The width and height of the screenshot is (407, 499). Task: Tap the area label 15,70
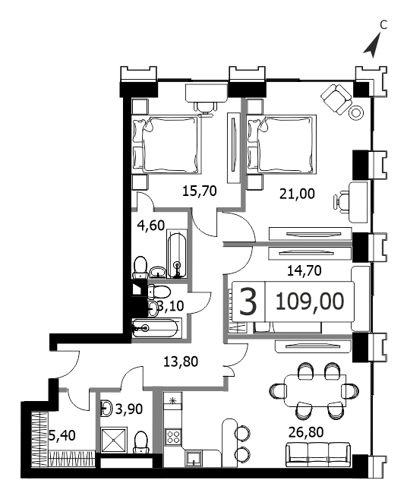(x=200, y=191)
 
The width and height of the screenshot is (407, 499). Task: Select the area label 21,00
(x=297, y=194)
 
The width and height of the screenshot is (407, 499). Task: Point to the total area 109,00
(x=310, y=301)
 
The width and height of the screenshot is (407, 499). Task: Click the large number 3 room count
(x=248, y=302)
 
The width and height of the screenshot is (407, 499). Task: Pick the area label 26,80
(x=306, y=432)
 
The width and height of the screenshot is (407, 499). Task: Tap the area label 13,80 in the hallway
(x=181, y=362)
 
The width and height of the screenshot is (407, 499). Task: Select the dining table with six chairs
(x=314, y=390)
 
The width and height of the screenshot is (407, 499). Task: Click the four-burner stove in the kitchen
(x=173, y=436)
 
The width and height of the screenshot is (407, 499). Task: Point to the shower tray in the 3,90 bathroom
(x=114, y=441)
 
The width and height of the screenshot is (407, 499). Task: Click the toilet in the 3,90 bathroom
(x=140, y=443)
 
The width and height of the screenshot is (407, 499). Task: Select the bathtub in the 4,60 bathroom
(x=177, y=255)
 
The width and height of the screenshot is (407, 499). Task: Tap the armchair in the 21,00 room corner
(x=336, y=98)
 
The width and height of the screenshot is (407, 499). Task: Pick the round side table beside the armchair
(x=356, y=112)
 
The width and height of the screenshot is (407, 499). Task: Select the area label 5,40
(x=62, y=435)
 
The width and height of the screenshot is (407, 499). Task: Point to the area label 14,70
(x=304, y=270)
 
